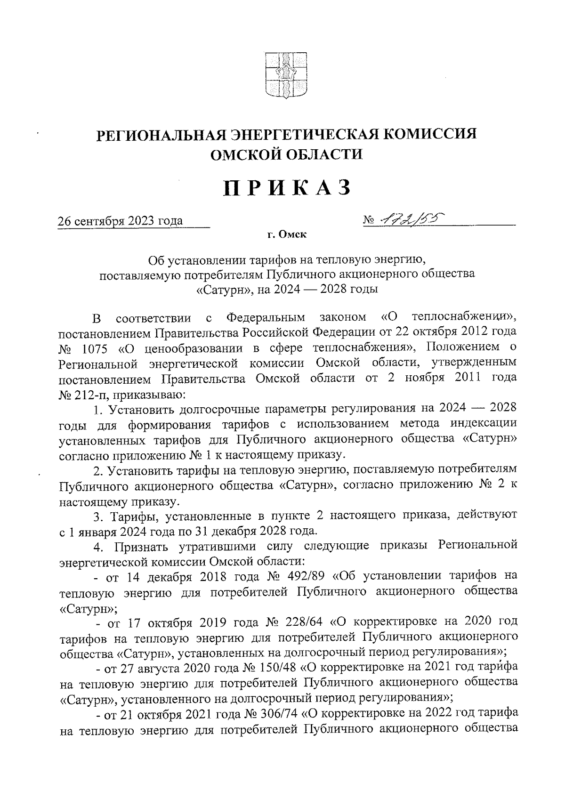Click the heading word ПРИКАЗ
click(x=287, y=187)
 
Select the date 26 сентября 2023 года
click(x=120, y=220)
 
